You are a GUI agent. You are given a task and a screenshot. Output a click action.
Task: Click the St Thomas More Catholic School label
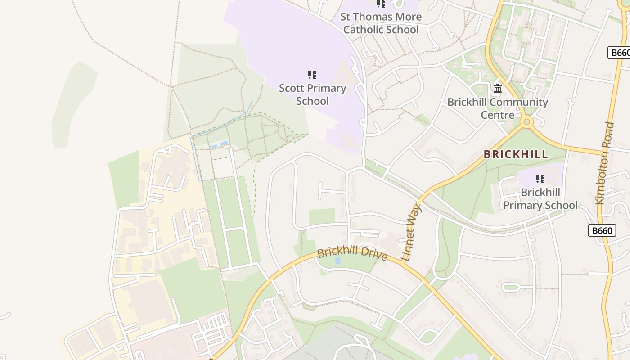coord(381,23)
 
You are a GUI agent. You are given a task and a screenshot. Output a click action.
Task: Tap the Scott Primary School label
coord(312,94)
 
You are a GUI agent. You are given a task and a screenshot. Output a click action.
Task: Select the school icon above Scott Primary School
coord(312,74)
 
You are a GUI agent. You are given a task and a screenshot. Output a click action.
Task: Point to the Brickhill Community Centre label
coord(497,108)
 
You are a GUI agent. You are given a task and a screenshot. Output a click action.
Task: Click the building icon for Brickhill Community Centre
coord(498,88)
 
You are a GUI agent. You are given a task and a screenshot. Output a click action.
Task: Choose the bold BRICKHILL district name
coord(516,154)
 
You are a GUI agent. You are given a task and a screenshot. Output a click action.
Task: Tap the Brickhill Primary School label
coord(540,199)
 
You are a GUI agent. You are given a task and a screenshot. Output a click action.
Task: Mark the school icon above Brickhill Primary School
coord(540,179)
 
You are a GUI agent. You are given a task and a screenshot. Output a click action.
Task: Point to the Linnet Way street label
coord(412,233)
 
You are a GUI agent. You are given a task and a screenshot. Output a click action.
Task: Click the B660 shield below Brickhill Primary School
coord(602,231)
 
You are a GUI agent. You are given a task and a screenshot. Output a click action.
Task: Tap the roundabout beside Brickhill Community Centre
coord(526,121)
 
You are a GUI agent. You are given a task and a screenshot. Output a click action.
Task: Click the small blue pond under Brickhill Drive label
coord(337,261)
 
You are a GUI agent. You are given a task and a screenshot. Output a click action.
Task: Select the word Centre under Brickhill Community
coord(497,115)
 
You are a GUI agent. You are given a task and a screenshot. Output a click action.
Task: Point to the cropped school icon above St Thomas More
coord(381,4)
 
